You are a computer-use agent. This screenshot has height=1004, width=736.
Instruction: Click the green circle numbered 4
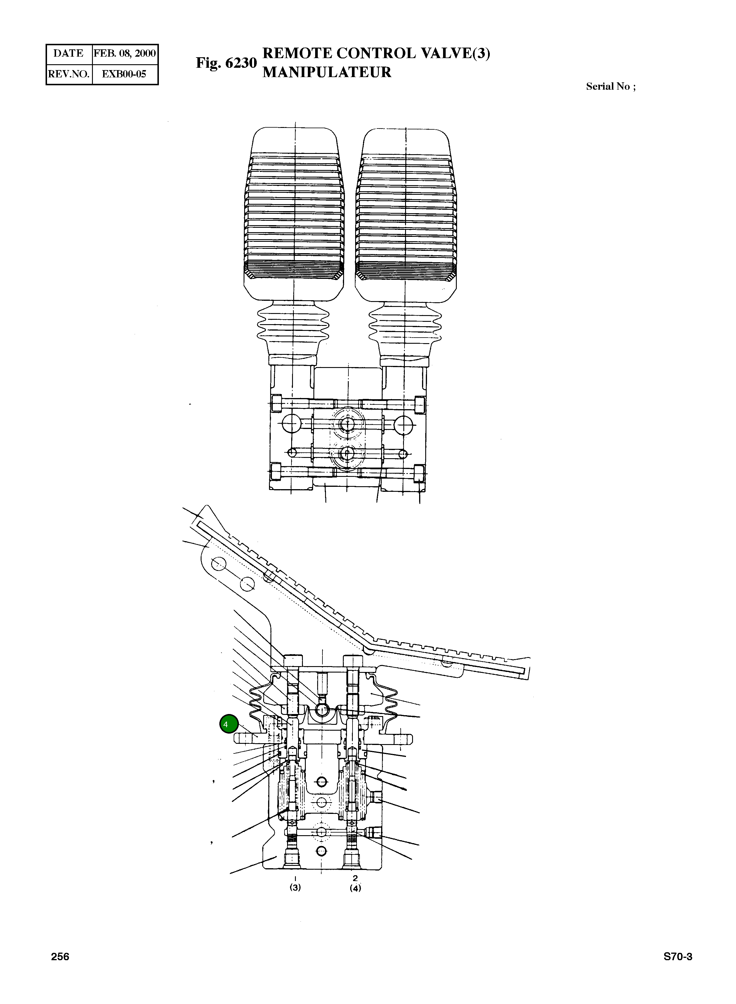coord(229,724)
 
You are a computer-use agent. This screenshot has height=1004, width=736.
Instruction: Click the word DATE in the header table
coord(68,53)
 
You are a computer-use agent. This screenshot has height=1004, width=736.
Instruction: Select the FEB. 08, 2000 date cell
coord(125,53)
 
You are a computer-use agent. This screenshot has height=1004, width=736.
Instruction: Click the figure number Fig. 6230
coord(226,63)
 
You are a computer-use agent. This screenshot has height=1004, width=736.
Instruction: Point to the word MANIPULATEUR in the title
coord(327,72)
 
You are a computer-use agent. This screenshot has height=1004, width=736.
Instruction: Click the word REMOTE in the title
coord(297,53)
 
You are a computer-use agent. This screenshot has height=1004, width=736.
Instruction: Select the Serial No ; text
coord(610,86)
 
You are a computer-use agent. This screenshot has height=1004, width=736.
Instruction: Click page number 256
coord(60,956)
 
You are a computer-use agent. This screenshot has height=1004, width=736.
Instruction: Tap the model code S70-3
coord(678,956)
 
